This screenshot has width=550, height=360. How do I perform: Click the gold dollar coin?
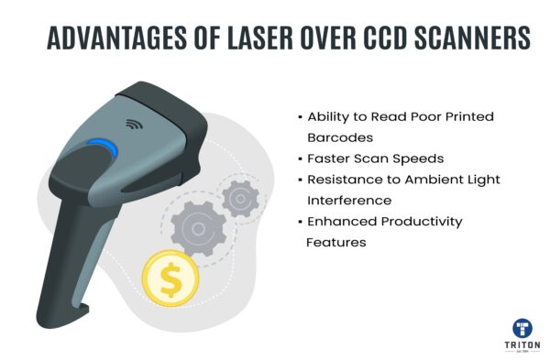(169, 278)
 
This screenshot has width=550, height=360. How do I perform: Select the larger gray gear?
(196, 224)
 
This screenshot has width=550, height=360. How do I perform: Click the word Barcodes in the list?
(340, 137)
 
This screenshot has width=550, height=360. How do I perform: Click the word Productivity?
(417, 221)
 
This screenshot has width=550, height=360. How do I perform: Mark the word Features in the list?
(336, 242)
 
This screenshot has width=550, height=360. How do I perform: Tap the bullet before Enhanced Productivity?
(300, 222)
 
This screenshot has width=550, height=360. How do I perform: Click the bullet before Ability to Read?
(300, 117)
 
